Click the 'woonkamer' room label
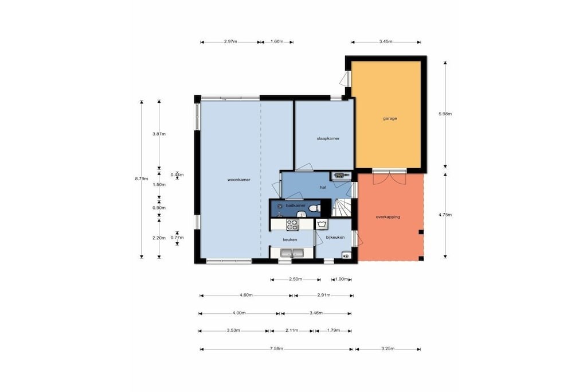click(239, 180)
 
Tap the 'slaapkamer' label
click(328, 139)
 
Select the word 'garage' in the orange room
click(390, 118)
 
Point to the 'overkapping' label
click(388, 217)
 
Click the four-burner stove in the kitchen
click(292, 225)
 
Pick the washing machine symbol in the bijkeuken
click(322, 224)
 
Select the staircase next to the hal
click(342, 208)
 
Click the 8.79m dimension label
click(142, 178)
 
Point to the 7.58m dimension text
click(276, 349)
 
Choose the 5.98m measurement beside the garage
click(445, 114)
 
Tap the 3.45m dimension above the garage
click(386, 41)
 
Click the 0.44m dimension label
click(177, 174)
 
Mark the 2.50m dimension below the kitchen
click(295, 279)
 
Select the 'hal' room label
click(323, 187)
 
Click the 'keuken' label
click(290, 240)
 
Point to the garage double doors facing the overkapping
click(389, 177)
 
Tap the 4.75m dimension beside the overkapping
click(445, 215)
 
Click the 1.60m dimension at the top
click(277, 41)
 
